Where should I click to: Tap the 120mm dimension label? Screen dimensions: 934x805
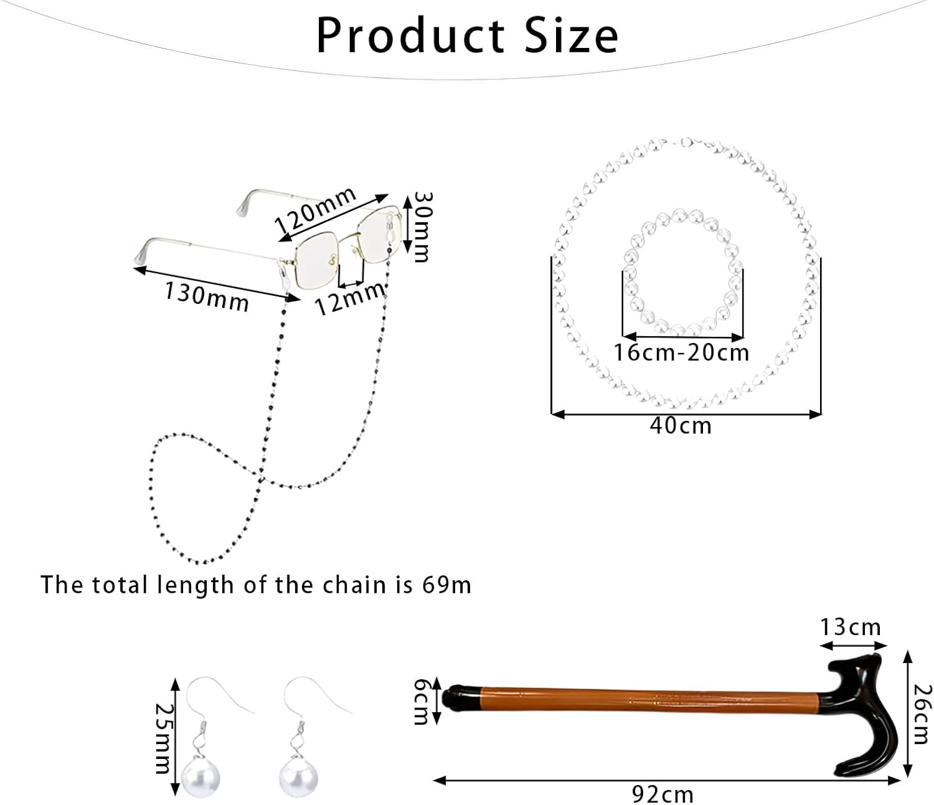316,210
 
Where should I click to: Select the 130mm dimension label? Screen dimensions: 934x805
207,296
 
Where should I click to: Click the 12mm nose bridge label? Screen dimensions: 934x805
349,299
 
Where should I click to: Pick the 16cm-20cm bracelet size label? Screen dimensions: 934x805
681,353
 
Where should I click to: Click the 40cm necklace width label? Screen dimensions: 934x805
681,426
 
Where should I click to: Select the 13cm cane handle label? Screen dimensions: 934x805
851,627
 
